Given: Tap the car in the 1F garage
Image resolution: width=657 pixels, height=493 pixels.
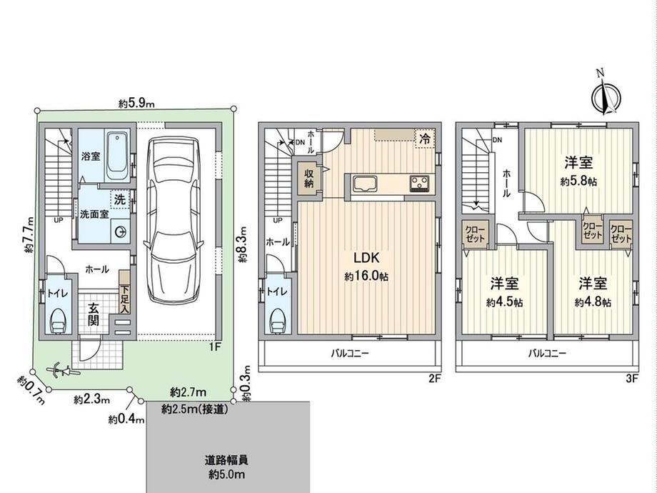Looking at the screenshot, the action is point(174,219).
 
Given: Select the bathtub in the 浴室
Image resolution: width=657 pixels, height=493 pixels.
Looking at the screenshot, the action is point(118,156).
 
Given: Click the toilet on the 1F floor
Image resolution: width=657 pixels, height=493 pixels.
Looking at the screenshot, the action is point(58,321).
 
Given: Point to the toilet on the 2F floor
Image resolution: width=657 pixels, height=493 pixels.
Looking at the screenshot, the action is point(278,321).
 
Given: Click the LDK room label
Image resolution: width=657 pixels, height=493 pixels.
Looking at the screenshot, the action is point(366,257).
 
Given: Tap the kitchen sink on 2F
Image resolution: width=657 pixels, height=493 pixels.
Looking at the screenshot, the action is point(365,184).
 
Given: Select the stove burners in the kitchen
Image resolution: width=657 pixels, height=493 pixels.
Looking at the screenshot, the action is point(420,184).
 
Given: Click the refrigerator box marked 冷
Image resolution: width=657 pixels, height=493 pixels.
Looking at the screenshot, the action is point(425,139).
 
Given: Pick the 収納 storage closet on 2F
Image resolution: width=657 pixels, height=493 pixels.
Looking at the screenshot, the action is point(309,178).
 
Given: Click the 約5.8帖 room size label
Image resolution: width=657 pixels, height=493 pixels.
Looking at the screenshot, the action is point(578,181).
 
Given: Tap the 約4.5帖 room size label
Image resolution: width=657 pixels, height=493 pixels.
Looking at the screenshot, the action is point(504,302).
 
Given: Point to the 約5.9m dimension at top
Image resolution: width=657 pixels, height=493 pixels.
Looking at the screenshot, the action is point(136,103).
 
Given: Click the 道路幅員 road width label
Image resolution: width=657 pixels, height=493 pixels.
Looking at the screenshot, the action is point(226,460).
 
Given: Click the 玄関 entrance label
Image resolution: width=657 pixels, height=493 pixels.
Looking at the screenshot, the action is point(94,314).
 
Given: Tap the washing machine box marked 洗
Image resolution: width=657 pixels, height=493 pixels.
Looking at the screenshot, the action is point(120,199).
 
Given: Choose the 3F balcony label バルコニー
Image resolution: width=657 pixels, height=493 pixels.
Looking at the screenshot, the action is point(547,354).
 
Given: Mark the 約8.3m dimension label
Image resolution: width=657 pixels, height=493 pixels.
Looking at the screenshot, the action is point(243,244).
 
